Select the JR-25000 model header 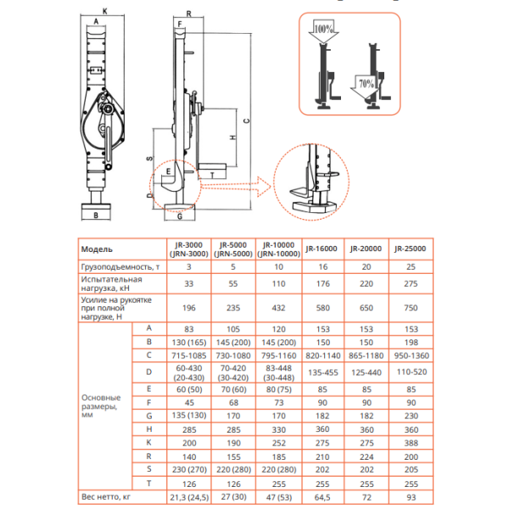click(411, 249)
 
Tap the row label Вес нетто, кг click(106, 496)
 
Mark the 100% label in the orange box click(322, 29)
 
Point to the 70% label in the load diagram click(366, 84)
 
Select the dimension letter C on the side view click(246, 121)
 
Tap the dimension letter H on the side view click(210, 135)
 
